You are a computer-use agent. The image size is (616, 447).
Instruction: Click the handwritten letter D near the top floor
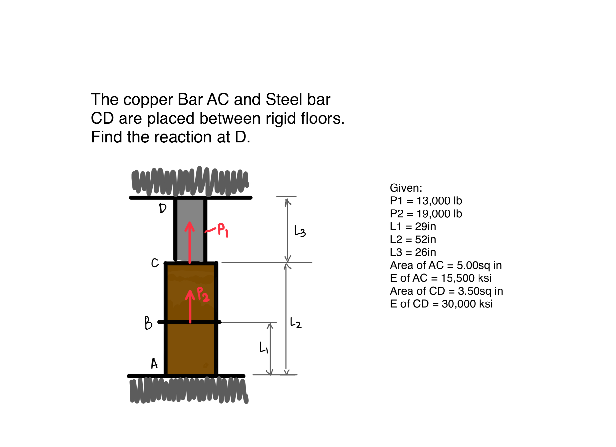pos(163,209)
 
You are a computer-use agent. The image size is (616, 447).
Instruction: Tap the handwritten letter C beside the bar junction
pos(155,263)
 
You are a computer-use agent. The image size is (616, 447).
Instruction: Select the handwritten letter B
pos(148,323)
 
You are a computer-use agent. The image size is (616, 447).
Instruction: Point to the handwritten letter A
pos(154,364)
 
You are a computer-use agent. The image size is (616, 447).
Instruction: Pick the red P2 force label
pos(203,294)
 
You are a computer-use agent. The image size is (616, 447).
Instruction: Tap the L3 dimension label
pos(300,232)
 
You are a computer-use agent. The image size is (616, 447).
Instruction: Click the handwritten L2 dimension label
pos(296,323)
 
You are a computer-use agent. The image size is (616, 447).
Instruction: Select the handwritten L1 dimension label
pos(263,347)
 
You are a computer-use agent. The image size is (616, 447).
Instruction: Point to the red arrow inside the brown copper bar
pos(190,307)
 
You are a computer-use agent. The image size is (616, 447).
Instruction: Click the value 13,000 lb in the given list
pos(439,201)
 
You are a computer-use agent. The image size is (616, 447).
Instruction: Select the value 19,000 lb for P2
pos(439,214)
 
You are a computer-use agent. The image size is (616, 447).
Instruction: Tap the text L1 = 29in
pos(413,227)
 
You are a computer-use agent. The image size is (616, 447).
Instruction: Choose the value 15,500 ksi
pos(466,278)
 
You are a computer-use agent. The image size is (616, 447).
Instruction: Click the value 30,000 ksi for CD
pos(467,304)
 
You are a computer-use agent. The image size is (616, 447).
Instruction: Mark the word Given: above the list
pos(406,188)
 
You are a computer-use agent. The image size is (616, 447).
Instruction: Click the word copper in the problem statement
pos(148,100)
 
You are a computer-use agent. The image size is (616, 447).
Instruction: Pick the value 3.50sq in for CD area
pos(480,291)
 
